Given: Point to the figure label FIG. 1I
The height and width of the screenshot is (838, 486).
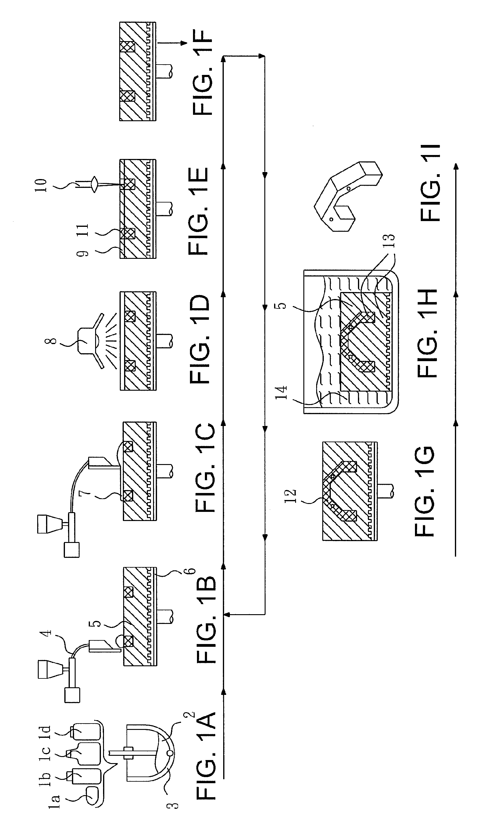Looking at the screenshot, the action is pos(430,183).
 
